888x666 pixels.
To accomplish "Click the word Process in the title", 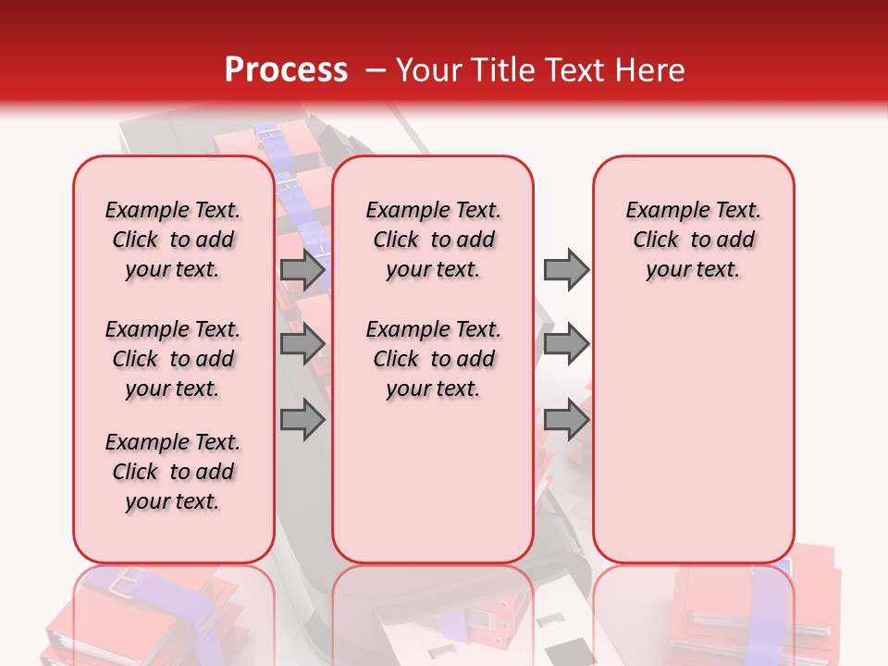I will point(286,70).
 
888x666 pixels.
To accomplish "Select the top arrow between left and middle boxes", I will point(302,269).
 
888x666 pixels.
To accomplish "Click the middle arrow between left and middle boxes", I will point(302,345).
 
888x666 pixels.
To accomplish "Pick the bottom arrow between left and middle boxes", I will point(302,420).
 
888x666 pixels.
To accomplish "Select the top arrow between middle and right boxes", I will point(566,269).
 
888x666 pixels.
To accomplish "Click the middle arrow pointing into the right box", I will point(566,345).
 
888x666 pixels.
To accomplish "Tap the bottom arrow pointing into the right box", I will point(566,420).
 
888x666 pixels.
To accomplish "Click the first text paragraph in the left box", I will point(173,240).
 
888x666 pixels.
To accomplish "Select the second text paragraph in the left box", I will point(173,359).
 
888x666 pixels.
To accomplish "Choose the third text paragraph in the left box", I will point(173,472).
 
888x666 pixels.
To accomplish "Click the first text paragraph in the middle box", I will point(433,240).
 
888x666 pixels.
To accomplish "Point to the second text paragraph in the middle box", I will point(433,359).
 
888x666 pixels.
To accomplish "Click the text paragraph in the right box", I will point(693,240).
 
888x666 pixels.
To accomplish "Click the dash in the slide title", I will point(376,71).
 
